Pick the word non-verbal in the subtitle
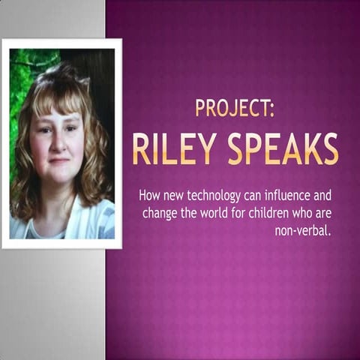(303, 230)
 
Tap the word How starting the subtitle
(148, 196)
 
